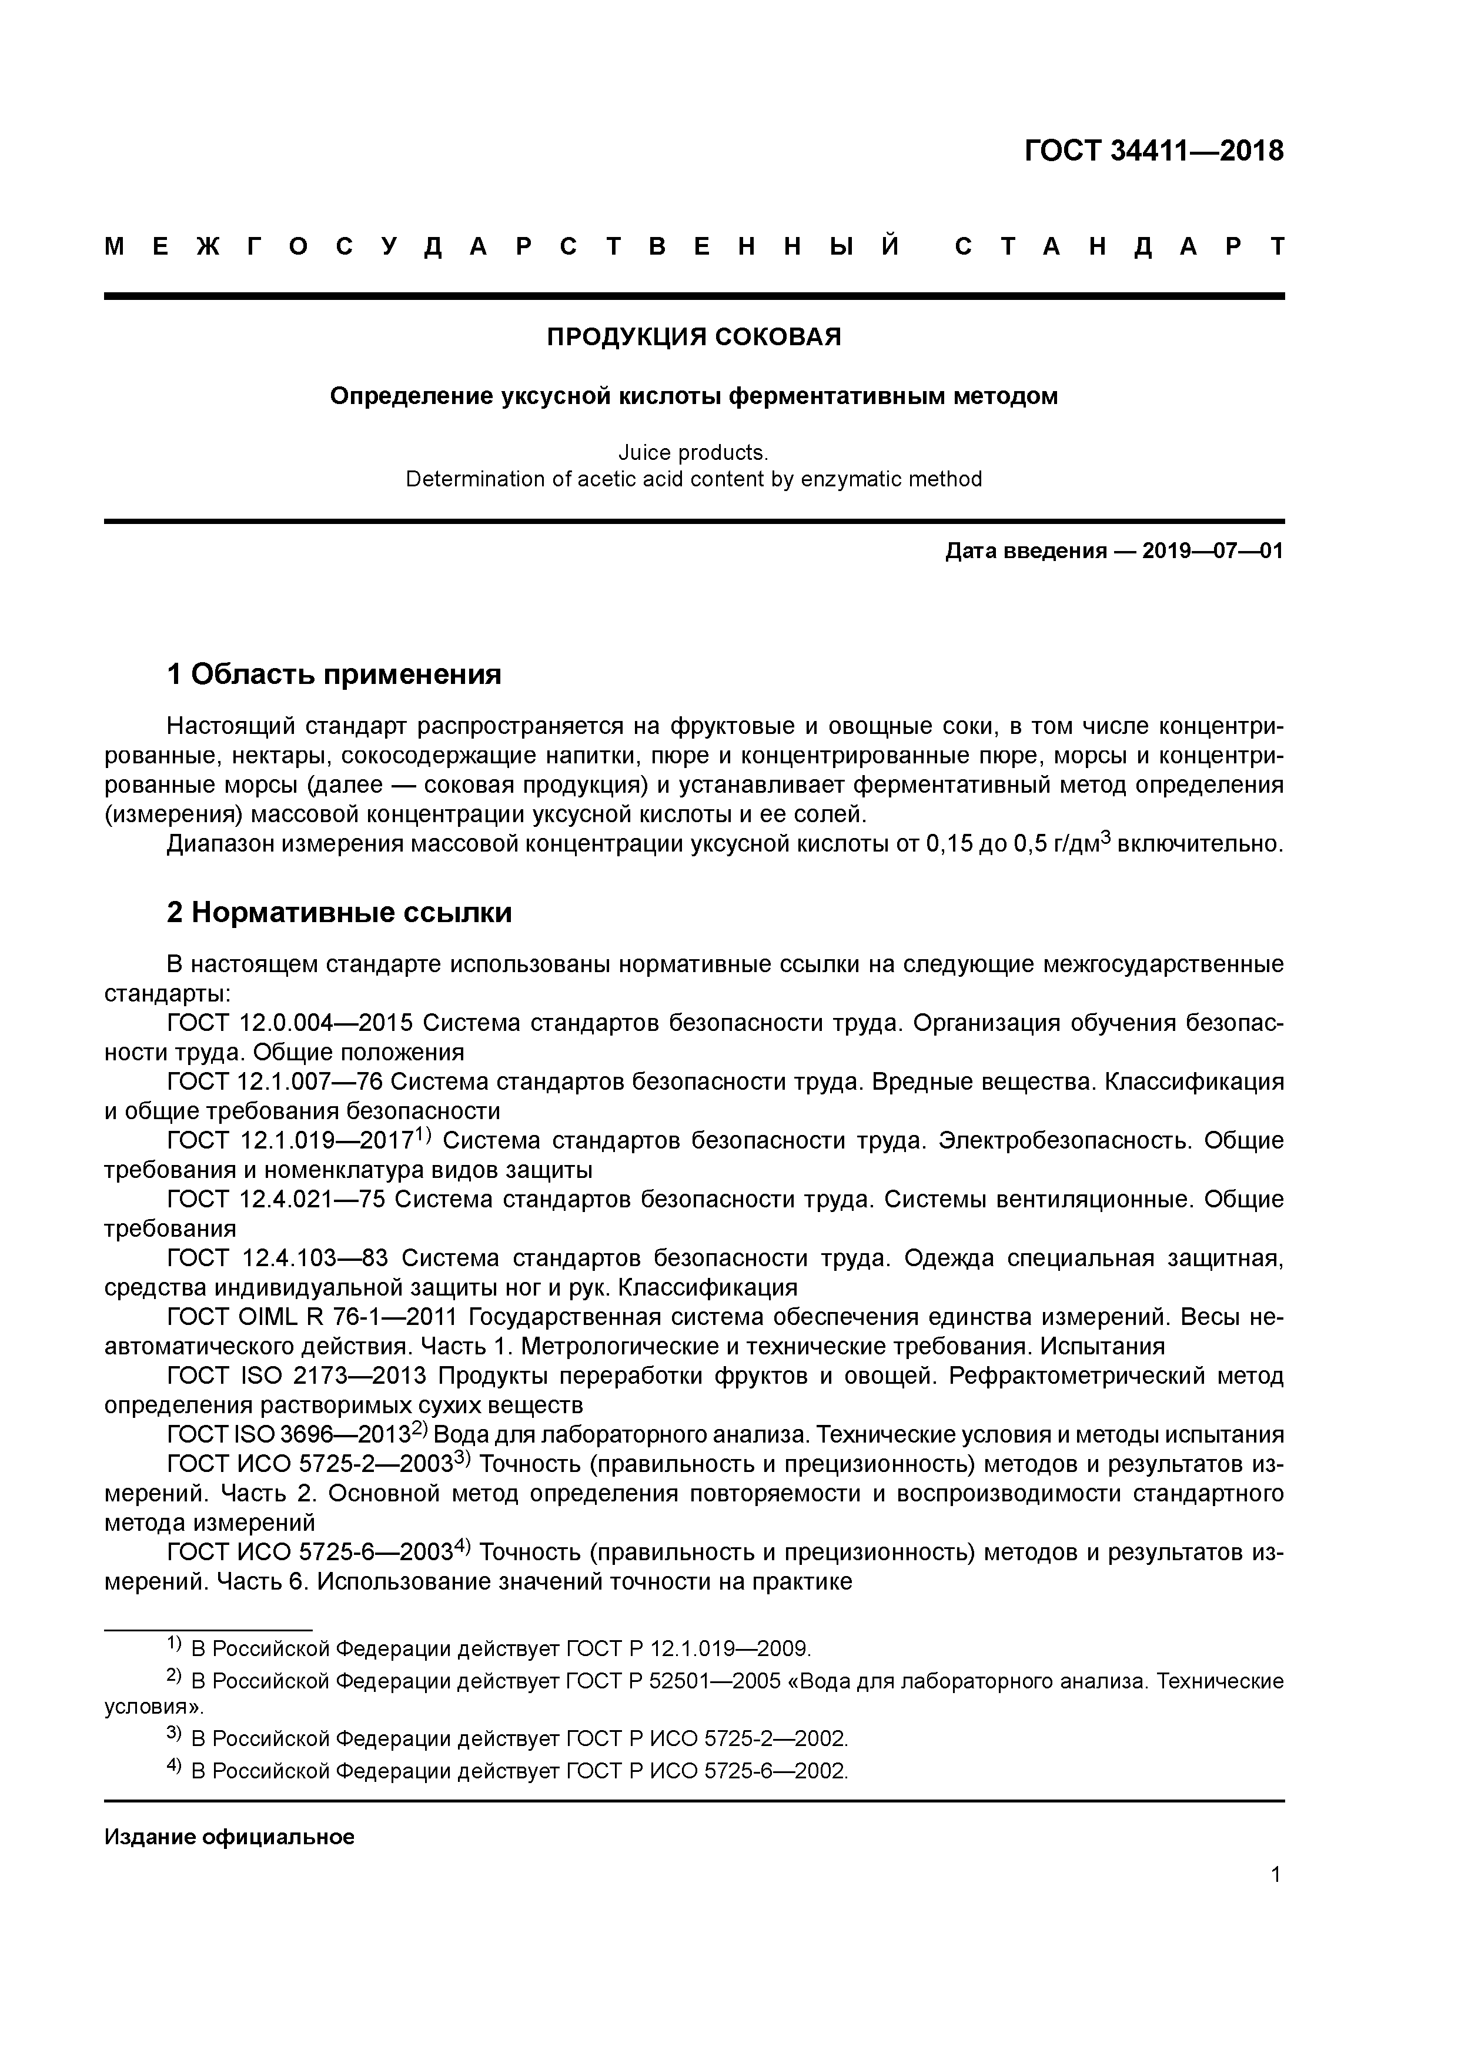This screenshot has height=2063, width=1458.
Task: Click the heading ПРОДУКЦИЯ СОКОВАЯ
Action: pos(694,337)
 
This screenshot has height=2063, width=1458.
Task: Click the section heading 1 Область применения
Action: pos(334,674)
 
